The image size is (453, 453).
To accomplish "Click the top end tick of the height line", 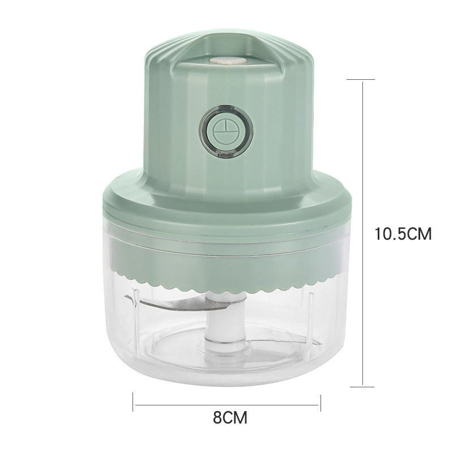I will click(362, 80).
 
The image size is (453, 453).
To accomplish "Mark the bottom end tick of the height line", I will click(362, 387).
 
